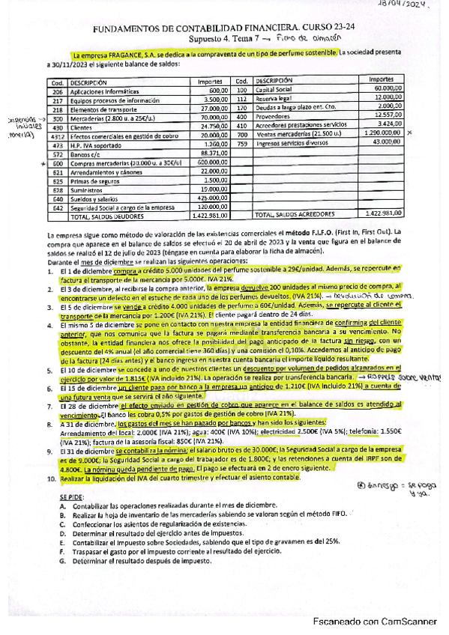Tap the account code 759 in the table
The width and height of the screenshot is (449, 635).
[241, 142]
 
